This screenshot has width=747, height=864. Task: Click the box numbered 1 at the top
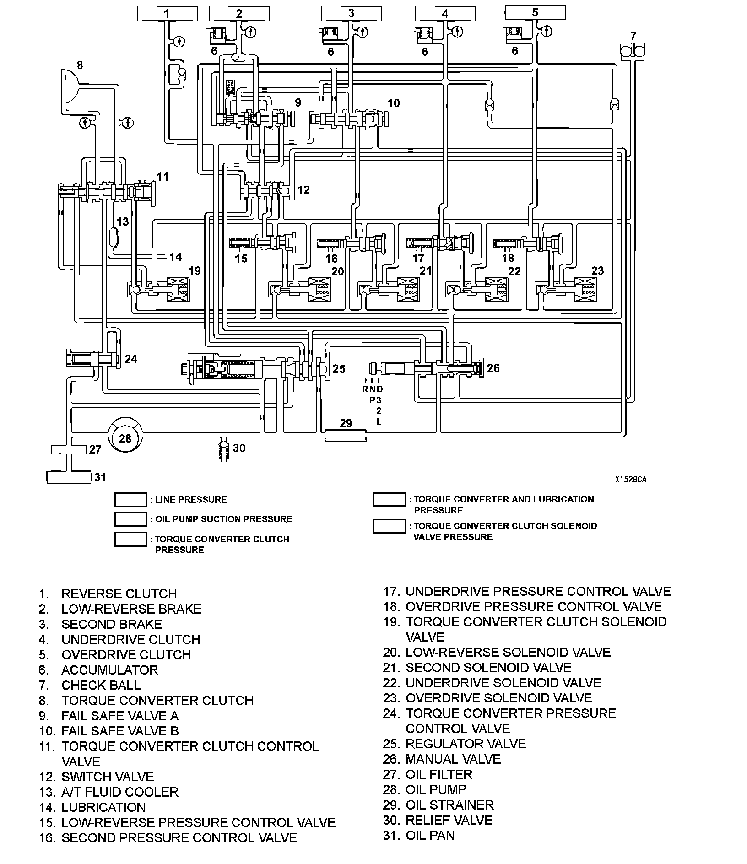pyautogui.click(x=167, y=14)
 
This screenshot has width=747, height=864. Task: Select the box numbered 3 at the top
pyautogui.click(x=351, y=14)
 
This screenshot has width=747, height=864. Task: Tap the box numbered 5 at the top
pyautogui.click(x=535, y=12)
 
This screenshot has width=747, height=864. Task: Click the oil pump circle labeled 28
pyautogui.click(x=125, y=438)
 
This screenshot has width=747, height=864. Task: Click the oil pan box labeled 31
pyautogui.click(x=69, y=477)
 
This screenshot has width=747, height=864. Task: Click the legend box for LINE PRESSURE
pyautogui.click(x=130, y=500)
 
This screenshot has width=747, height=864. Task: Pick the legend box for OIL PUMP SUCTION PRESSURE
pyautogui.click(x=130, y=519)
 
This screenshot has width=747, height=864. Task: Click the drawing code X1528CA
pyautogui.click(x=630, y=480)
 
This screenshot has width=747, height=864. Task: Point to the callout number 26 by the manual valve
pyautogui.click(x=493, y=368)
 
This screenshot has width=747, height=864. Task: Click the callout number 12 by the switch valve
pyautogui.click(x=303, y=189)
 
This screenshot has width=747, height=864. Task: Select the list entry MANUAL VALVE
pyautogui.click(x=453, y=759)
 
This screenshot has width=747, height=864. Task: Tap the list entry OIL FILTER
pyautogui.click(x=438, y=774)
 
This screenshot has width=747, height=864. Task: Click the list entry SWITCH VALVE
pyautogui.click(x=108, y=777)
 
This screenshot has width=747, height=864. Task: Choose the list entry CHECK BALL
pyautogui.click(x=101, y=685)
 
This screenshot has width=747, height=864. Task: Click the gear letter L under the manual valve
pyautogui.click(x=379, y=421)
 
